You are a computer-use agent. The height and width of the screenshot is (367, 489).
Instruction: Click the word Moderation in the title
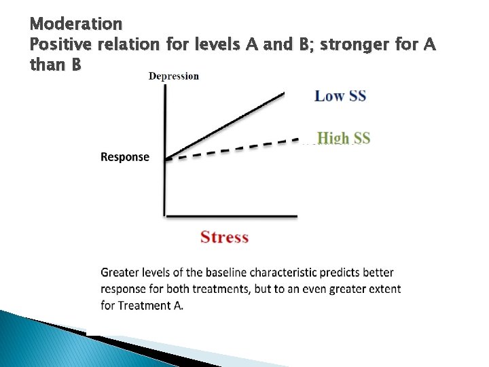coord(76,24)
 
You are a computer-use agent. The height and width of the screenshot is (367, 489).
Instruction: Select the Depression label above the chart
coord(174,75)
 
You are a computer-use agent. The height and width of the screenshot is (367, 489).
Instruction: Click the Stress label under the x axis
coord(224,237)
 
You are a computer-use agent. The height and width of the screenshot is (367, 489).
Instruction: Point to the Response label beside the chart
coord(125,157)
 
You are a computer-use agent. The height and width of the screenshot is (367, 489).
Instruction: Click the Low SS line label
coord(340,96)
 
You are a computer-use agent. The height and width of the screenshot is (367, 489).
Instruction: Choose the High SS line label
coord(343,138)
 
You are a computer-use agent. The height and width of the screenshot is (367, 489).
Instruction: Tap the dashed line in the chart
coord(231,150)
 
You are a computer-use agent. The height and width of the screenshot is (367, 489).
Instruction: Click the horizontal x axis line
coord(231,216)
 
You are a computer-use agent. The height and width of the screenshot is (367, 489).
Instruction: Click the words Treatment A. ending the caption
coord(151,305)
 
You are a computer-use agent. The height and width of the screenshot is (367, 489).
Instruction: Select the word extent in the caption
coord(384,289)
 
